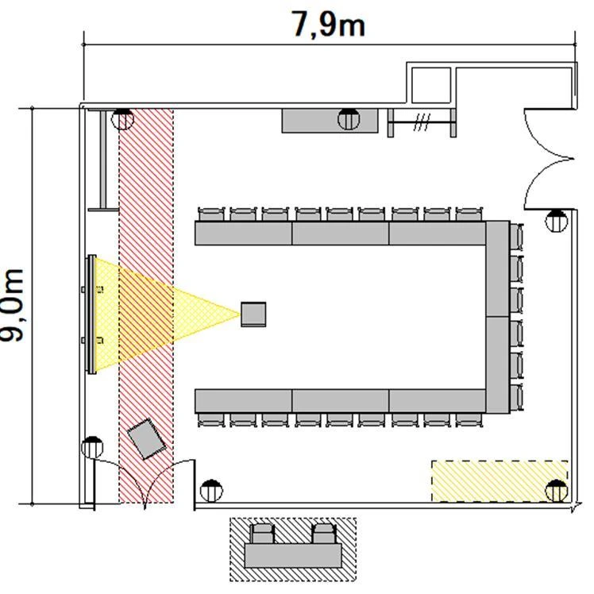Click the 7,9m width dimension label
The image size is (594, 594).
pos(328,25)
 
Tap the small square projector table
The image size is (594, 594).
pos(253,314)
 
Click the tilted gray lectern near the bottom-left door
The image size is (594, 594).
pos(146,438)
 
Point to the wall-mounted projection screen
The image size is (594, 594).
pos(91,314)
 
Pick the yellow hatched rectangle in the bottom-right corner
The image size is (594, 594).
pos(499,481)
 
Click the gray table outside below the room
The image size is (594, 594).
pos(293,556)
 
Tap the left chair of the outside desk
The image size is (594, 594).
pos(262,534)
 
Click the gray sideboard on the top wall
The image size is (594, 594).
pos(330,121)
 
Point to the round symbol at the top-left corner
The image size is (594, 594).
pos(122,119)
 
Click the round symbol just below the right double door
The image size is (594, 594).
pos(556,221)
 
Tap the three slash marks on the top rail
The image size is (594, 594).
pos(422,122)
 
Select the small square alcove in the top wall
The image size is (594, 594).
pos(430,84)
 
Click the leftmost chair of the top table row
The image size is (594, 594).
pos(211,214)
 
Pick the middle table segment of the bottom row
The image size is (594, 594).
pos(340,401)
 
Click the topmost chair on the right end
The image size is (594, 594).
pos(516,237)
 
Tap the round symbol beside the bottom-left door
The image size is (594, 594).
pos(92,447)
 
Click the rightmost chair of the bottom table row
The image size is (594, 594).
pos(469,420)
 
